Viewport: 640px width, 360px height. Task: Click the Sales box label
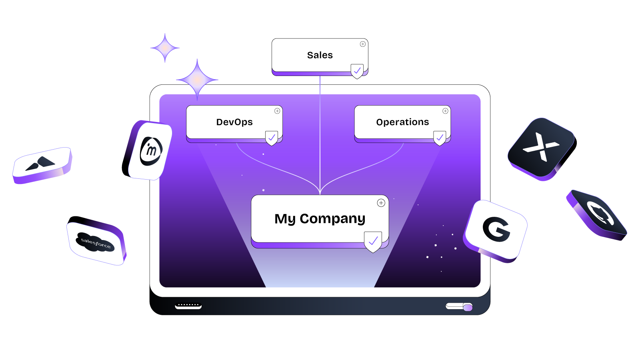pyautogui.click(x=320, y=55)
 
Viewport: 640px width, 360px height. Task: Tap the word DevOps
pyautogui.click(x=234, y=122)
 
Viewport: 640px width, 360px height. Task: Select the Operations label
pyautogui.click(x=402, y=122)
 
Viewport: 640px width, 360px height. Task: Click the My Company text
pyautogui.click(x=320, y=219)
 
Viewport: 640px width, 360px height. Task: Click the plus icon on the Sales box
pyautogui.click(x=362, y=44)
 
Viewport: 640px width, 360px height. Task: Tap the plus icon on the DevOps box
pyautogui.click(x=277, y=111)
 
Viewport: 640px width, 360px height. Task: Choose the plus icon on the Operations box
pyautogui.click(x=445, y=111)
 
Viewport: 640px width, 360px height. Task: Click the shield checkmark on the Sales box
pyautogui.click(x=357, y=71)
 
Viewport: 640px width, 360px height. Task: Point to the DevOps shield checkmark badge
pyautogui.click(x=272, y=138)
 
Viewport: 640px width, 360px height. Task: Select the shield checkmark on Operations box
pyautogui.click(x=440, y=138)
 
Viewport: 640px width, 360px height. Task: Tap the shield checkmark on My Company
pyautogui.click(x=373, y=242)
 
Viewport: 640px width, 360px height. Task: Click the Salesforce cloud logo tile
pyautogui.click(x=96, y=241)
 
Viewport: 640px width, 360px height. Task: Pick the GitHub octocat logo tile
pyautogui.click(x=597, y=215)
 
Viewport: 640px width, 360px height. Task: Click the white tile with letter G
pyautogui.click(x=496, y=231)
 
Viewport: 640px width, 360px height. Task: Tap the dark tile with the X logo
pyautogui.click(x=542, y=148)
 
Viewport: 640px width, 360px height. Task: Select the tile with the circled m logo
pyautogui.click(x=148, y=150)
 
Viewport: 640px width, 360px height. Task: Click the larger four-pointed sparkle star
pyautogui.click(x=197, y=80)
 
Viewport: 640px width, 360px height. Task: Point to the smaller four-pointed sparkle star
pyautogui.click(x=165, y=48)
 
